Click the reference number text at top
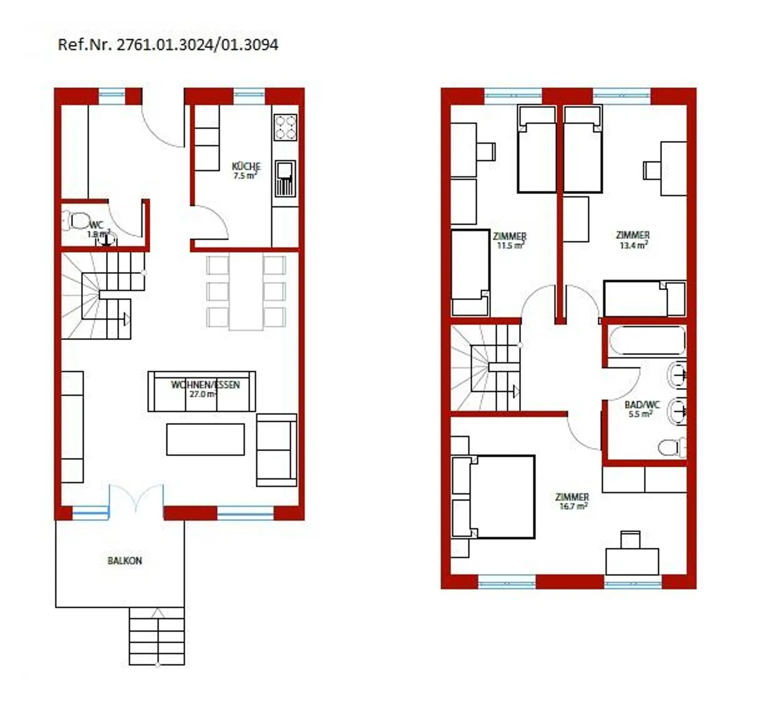tap(167, 45)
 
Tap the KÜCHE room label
tap(246, 166)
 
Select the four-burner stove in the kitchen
tap(285, 127)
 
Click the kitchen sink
tap(285, 178)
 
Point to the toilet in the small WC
tap(76, 220)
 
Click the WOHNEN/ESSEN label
tap(205, 385)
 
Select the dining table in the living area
tap(246, 292)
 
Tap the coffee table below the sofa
tap(205, 439)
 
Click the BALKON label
tap(125, 560)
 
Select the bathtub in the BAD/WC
tap(647, 341)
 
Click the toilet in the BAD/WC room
tap(671, 447)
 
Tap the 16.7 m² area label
tap(573, 507)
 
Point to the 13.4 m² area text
tap(633, 245)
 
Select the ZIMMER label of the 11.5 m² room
tap(509, 236)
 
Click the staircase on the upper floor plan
tap(486, 368)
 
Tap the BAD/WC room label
tap(642, 405)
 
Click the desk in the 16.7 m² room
tap(632, 561)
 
